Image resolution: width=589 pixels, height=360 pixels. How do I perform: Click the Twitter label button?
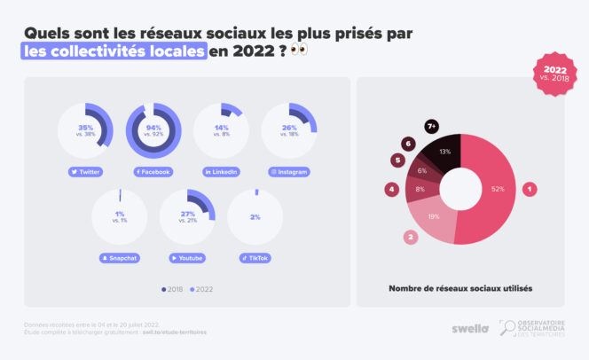(x=85, y=171)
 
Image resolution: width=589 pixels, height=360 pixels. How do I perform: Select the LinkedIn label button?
(x=221, y=171)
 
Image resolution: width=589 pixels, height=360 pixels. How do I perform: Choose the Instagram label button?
(x=290, y=171)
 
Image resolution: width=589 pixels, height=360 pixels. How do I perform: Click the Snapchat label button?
(x=120, y=258)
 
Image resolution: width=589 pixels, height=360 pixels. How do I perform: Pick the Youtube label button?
(x=188, y=258)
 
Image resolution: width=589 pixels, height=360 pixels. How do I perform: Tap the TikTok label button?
(x=255, y=258)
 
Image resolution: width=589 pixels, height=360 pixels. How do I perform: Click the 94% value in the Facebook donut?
(x=153, y=128)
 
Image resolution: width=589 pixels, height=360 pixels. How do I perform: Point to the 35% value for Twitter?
(x=85, y=128)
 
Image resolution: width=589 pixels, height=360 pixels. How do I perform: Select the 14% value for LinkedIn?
(x=221, y=128)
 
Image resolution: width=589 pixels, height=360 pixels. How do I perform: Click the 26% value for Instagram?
(x=290, y=128)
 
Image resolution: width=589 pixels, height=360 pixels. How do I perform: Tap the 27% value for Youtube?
(x=186, y=214)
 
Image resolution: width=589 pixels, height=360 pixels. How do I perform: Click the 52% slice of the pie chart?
(x=495, y=189)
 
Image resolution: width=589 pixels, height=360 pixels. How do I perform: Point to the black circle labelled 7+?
(x=432, y=127)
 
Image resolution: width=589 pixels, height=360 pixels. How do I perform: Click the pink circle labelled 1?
(x=530, y=188)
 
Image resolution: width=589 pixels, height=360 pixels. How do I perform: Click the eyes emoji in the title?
(x=300, y=51)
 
